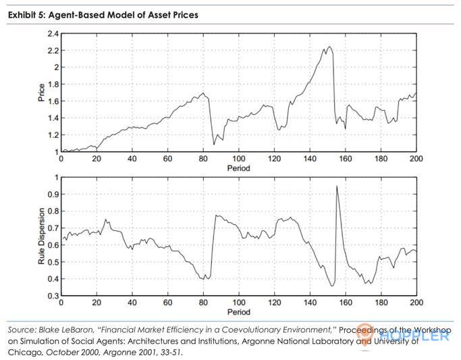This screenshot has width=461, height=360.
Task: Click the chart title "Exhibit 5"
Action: pos(26,15)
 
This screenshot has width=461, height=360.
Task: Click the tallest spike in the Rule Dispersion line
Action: pos(337,186)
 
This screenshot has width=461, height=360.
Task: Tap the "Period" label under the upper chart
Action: pos(238,168)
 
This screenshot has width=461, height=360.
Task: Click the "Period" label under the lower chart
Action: pos(238,313)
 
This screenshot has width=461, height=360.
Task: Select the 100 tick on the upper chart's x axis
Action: pos(238,159)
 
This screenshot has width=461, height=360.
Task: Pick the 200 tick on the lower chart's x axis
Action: pos(416,303)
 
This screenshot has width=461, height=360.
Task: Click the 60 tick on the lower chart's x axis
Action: pos(167,303)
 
